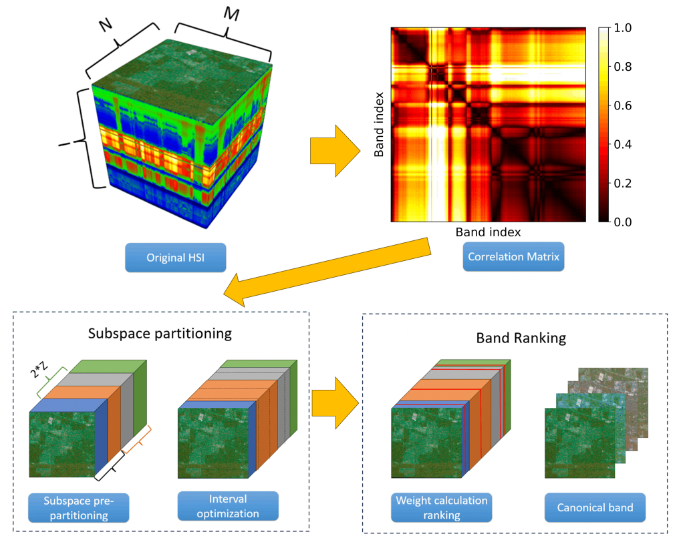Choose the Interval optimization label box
(x=227, y=506)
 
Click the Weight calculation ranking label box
(x=442, y=508)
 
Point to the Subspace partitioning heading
(x=160, y=333)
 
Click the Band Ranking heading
(x=521, y=338)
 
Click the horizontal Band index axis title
(x=488, y=232)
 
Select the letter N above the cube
(x=105, y=25)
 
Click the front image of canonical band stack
(x=578, y=444)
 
